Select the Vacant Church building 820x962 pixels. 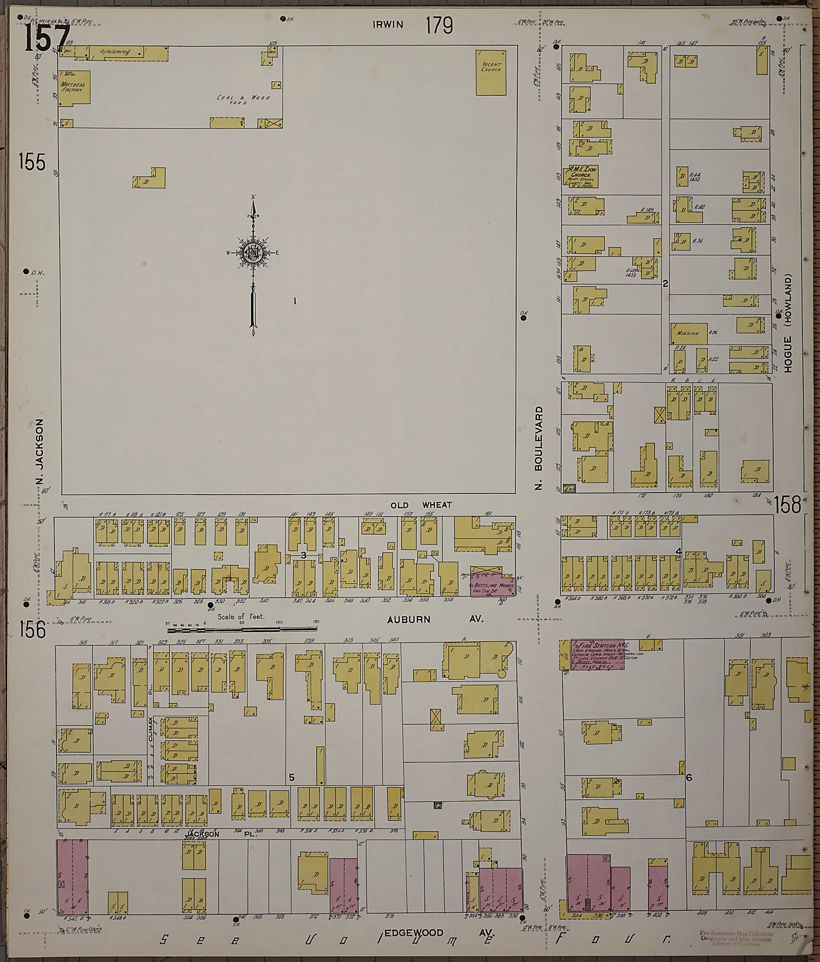click(491, 73)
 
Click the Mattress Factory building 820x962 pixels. click(73, 88)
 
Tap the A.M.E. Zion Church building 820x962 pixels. click(581, 177)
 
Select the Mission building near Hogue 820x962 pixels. click(688, 333)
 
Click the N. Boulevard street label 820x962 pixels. click(539, 448)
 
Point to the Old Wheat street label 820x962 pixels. click(421, 505)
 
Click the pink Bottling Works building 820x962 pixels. click(493, 587)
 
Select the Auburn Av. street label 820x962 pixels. click(435, 619)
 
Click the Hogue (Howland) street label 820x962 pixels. click(788, 323)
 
